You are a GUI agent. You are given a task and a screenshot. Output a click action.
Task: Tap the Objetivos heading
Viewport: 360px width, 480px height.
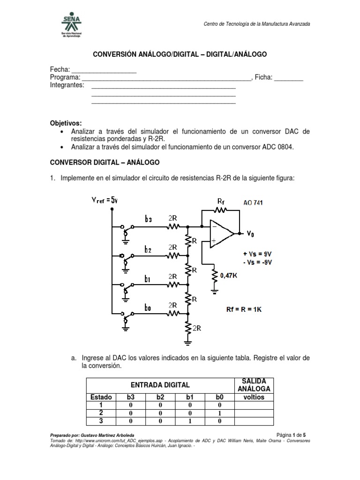66,123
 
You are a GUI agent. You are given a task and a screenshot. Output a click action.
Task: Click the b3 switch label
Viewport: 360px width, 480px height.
148,218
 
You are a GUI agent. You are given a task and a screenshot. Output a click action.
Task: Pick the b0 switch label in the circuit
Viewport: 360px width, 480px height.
148,308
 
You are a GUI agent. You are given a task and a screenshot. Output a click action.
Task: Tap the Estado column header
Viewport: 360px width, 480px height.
100,397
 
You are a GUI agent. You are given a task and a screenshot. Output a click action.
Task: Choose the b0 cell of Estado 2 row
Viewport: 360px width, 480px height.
218,413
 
